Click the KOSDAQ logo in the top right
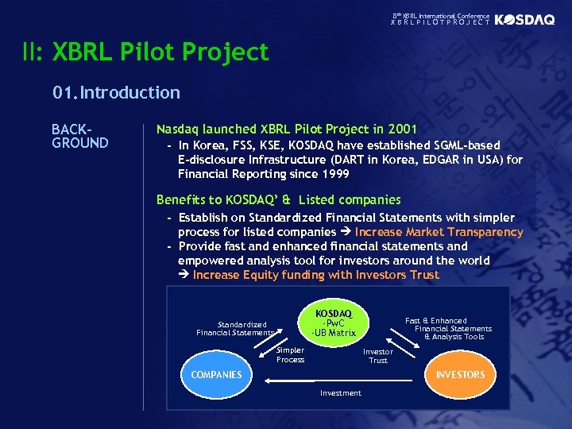coord(524,20)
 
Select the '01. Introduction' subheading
coord(117,92)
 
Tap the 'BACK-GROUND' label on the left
coord(79,136)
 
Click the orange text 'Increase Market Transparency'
coord(439,232)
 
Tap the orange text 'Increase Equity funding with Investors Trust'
coord(315,275)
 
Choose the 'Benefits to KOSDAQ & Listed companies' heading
coord(278,199)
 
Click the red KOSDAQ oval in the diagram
coord(334,323)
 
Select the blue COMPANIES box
coord(216,374)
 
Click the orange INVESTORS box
coord(460,374)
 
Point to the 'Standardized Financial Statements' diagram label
coord(235,329)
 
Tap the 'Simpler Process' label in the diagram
coord(290,355)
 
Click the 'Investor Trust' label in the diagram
coord(378,356)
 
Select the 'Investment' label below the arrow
coord(340,393)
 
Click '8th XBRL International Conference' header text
coord(441,16)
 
